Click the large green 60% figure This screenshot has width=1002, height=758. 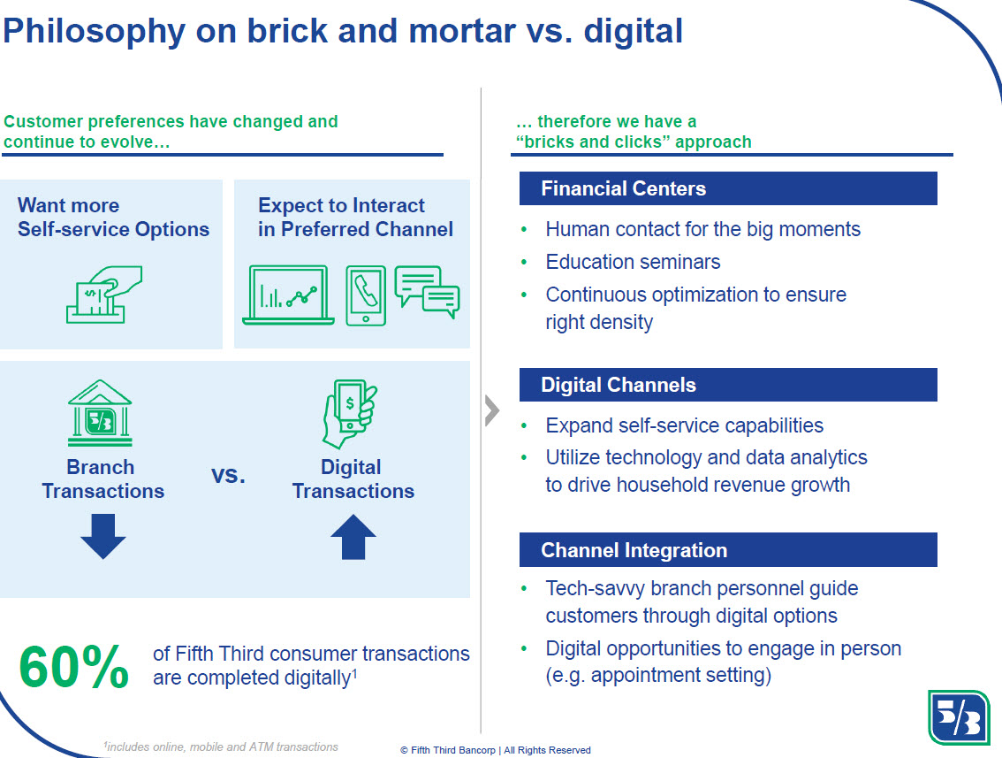coord(74,667)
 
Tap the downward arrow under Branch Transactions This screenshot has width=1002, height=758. coord(102,536)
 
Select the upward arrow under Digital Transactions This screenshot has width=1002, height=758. coord(353,537)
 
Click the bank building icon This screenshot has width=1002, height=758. coord(101,412)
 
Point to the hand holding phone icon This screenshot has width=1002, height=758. coord(350,413)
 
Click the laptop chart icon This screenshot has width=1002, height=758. coord(288,295)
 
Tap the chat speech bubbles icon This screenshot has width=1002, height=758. coord(427,292)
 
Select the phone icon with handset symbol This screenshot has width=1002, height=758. coord(366,295)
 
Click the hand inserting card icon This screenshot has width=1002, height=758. coord(104,295)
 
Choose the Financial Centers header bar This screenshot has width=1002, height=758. coord(728,188)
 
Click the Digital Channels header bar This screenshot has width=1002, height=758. coord(728,385)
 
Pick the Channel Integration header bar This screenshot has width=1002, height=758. coord(728,549)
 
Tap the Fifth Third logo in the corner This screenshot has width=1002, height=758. coord(959,717)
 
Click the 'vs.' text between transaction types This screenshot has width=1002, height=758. coord(228,475)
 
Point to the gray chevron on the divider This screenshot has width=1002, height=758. coord(491,410)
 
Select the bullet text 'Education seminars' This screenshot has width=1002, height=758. coord(633,262)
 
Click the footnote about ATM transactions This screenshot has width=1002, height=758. coord(221,747)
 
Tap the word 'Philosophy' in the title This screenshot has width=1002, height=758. coord(94,31)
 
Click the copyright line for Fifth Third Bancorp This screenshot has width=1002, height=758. coord(495,750)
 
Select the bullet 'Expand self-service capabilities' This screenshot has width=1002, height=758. coord(685,425)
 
